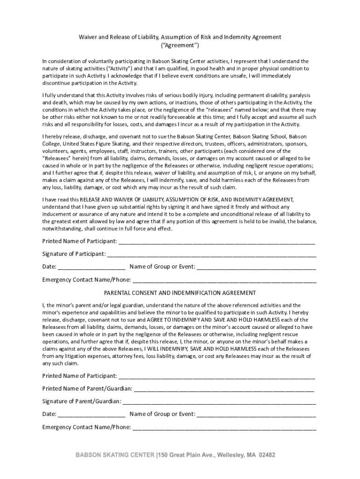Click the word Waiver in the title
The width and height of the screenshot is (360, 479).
[x=88, y=37]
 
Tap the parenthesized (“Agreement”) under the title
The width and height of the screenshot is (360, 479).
[x=180, y=45]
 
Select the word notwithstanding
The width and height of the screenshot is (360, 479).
[x=64, y=229]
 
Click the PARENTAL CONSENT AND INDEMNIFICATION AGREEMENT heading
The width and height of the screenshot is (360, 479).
[x=180, y=293]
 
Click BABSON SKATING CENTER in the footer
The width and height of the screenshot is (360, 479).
[x=116, y=454]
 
